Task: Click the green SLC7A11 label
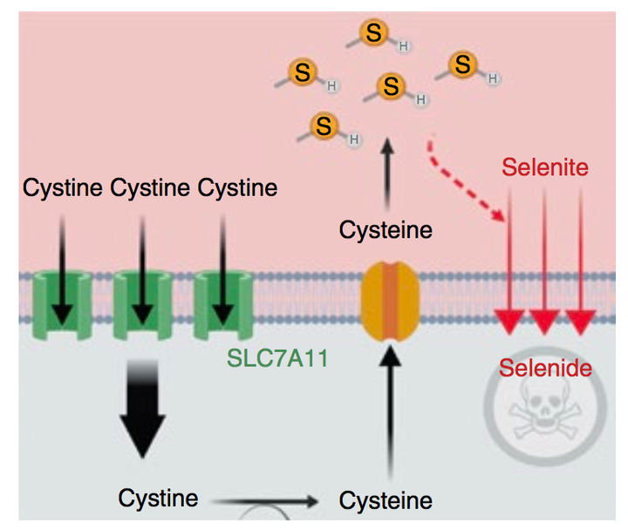pos(276,357)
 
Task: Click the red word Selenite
pos(545,166)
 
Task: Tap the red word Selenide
pos(545,368)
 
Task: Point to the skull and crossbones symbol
pos(546,413)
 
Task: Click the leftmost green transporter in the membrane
pos(61,303)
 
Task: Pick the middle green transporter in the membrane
pos(142,303)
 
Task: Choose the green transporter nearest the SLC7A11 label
pos(222,303)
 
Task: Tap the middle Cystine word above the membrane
pos(150,187)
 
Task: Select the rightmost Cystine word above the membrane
pos(237,187)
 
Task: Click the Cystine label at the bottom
pos(158,499)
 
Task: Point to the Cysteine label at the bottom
pos(386,500)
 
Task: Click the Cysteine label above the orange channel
pos(386,231)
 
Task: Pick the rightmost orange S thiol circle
pos(463,64)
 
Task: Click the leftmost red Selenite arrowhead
pos(509,320)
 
